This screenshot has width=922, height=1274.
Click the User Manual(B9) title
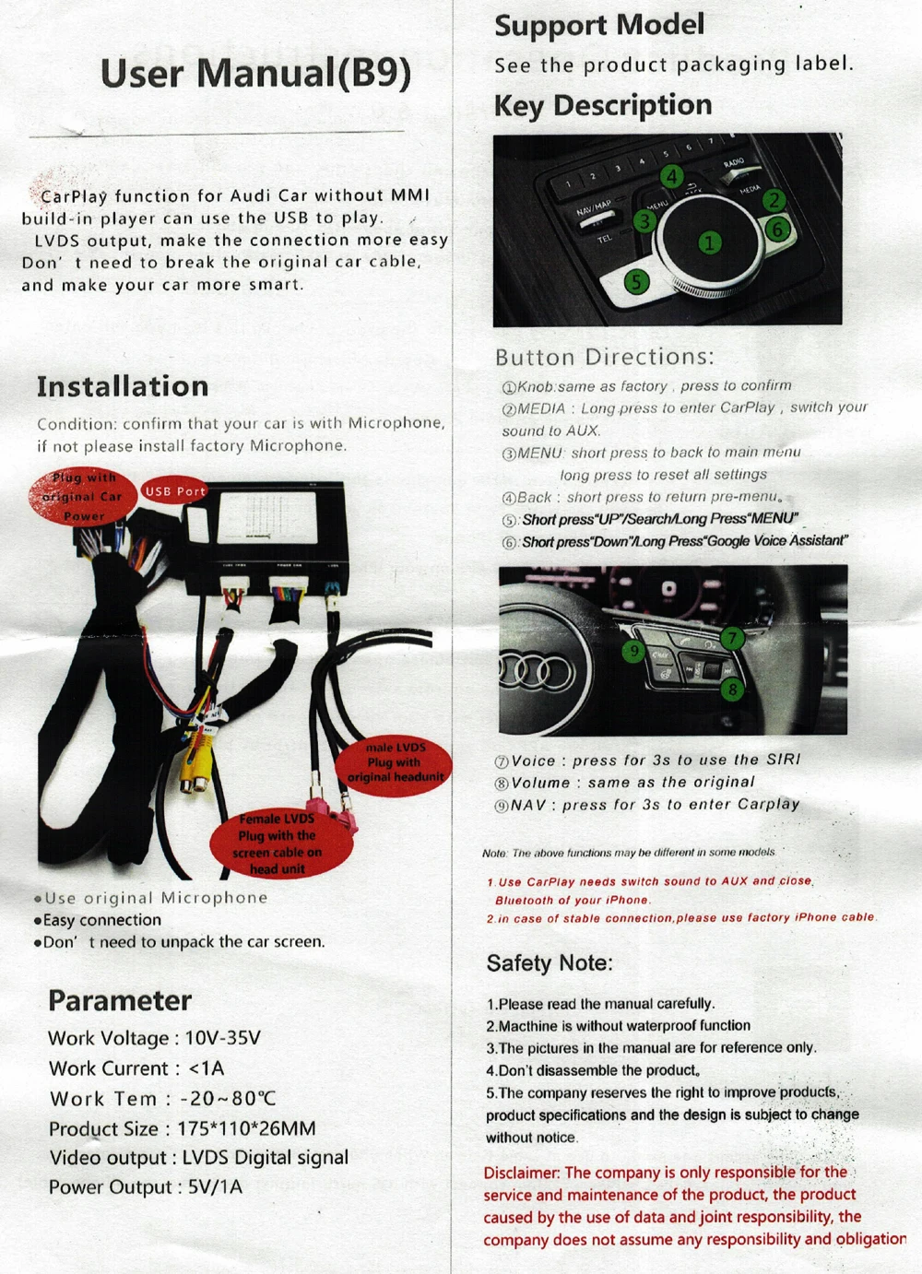[x=255, y=74]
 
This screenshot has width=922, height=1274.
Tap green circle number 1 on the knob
[x=709, y=242]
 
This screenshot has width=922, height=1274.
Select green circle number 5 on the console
[x=636, y=281]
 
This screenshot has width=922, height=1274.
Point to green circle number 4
[x=672, y=177]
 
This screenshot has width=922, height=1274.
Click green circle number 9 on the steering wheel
[x=633, y=652]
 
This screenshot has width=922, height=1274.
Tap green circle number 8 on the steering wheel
[x=732, y=688]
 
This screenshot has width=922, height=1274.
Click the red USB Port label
[x=174, y=491]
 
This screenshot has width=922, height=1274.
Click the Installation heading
[x=123, y=386]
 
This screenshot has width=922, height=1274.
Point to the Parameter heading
[x=120, y=1000]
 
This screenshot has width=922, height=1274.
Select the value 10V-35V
[x=223, y=1038]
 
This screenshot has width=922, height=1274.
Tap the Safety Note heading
[x=550, y=963]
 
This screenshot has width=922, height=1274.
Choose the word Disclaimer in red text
[x=521, y=1173]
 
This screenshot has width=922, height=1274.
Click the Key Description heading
[x=603, y=105]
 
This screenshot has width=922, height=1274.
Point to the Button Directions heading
[x=604, y=357]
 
